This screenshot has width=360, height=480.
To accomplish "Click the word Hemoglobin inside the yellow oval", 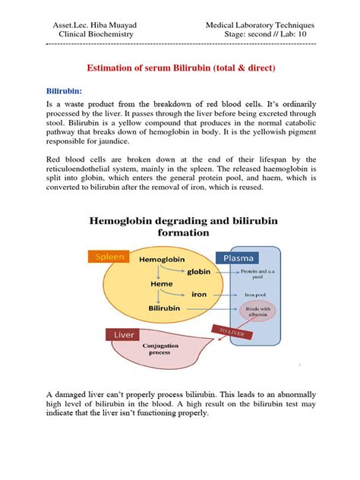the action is point(163,260).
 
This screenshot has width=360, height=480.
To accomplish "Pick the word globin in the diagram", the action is point(199,271).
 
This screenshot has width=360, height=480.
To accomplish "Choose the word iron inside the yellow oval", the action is point(199,293).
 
